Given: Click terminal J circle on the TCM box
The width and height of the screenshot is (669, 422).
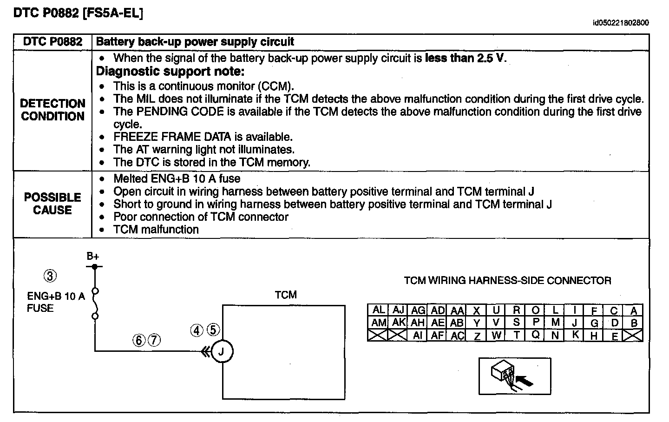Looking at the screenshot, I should [222, 352].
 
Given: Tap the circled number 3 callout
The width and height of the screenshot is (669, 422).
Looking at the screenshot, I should [50, 276].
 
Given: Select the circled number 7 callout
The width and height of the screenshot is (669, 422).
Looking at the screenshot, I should [154, 341].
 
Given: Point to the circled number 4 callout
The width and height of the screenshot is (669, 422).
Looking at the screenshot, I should [197, 330].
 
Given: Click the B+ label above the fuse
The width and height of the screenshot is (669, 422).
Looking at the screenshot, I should [93, 256].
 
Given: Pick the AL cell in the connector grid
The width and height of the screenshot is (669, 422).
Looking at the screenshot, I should [379, 310].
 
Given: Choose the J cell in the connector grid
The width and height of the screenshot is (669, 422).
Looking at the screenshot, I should [575, 323].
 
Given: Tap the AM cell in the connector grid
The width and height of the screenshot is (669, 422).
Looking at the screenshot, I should [379, 322].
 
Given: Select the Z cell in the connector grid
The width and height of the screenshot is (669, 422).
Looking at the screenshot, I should [477, 335].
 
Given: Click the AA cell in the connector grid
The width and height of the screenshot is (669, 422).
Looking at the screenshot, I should [457, 310].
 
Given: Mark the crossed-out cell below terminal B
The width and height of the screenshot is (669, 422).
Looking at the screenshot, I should [635, 335].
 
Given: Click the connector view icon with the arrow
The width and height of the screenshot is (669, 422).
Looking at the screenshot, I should [515, 376].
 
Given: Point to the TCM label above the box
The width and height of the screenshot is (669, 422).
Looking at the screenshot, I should [285, 295].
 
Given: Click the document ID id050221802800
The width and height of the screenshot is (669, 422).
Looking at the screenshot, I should [621, 23].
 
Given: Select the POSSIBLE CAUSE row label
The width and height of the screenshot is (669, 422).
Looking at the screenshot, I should [52, 204].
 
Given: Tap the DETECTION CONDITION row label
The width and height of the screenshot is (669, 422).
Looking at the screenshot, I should [53, 110].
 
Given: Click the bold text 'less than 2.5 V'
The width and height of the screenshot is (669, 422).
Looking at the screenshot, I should [465, 59].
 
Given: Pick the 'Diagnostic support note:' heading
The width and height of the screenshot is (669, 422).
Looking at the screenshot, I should [170, 72].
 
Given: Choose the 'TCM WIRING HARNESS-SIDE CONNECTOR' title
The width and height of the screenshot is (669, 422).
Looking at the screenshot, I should [507, 281].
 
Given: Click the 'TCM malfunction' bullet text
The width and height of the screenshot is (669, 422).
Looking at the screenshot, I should [156, 230].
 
